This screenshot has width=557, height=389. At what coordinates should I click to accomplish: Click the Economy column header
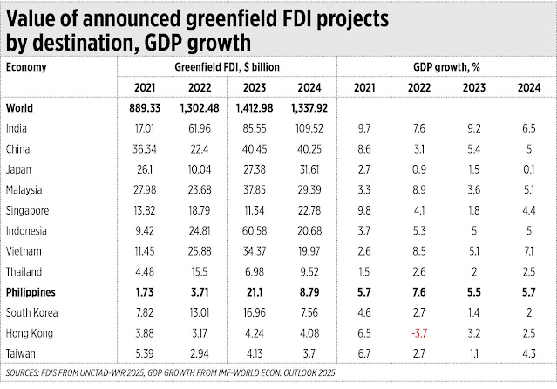coord(27,65)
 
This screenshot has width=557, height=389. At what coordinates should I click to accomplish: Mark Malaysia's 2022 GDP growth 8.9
coord(418,188)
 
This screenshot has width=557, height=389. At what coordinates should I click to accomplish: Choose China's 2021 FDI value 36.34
coord(145,147)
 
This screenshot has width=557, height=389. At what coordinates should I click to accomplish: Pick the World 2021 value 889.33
coord(145,107)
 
